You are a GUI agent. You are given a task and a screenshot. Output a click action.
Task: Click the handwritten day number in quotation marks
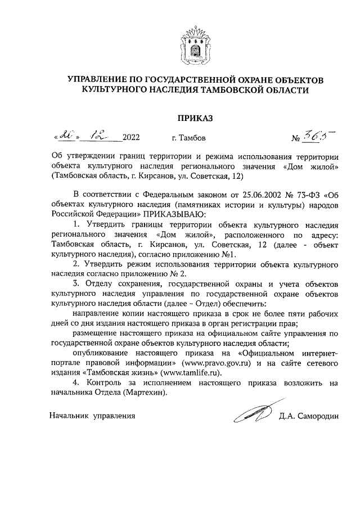pos(66,137)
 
